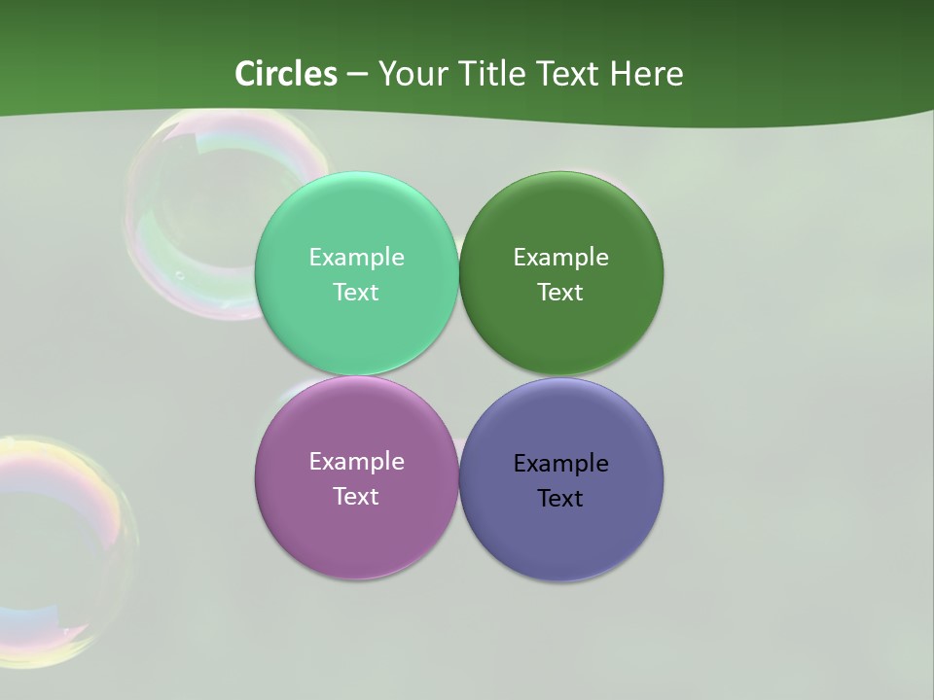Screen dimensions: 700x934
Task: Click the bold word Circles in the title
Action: pyautogui.click(x=286, y=73)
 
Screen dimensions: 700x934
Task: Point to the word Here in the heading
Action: pyautogui.click(x=646, y=73)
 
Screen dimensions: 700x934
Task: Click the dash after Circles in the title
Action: pyautogui.click(x=357, y=74)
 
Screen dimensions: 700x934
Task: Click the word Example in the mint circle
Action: pyautogui.click(x=356, y=257)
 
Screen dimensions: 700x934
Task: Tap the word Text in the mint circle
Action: pyautogui.click(x=356, y=292)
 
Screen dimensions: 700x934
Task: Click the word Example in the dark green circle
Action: pyautogui.click(x=560, y=257)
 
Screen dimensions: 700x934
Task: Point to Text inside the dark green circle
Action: pyautogui.click(x=560, y=292)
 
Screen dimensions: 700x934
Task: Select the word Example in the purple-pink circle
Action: pyautogui.click(x=356, y=461)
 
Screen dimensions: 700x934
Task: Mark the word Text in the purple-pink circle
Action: pyautogui.click(x=356, y=496)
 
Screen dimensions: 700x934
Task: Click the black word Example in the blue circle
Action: pyautogui.click(x=560, y=463)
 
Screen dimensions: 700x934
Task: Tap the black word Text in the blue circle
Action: pyautogui.click(x=560, y=498)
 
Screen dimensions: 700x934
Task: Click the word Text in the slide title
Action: pyautogui.click(x=570, y=73)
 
